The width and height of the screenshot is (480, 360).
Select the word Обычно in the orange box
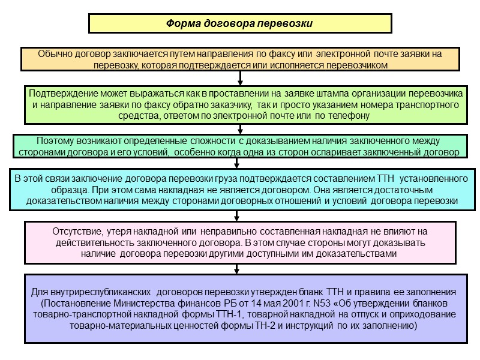pyautogui.click(x=53, y=54)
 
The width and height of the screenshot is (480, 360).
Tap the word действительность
pyautogui.click(x=92, y=243)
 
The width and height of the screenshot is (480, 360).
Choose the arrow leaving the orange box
pyautogui.click(x=240, y=78)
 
